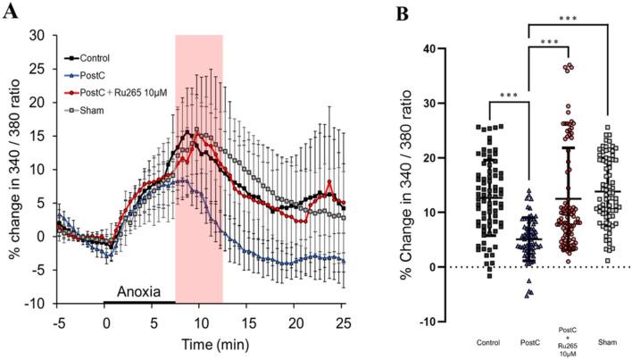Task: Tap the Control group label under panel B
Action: tap(511, 340)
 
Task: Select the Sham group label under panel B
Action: tap(607, 340)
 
